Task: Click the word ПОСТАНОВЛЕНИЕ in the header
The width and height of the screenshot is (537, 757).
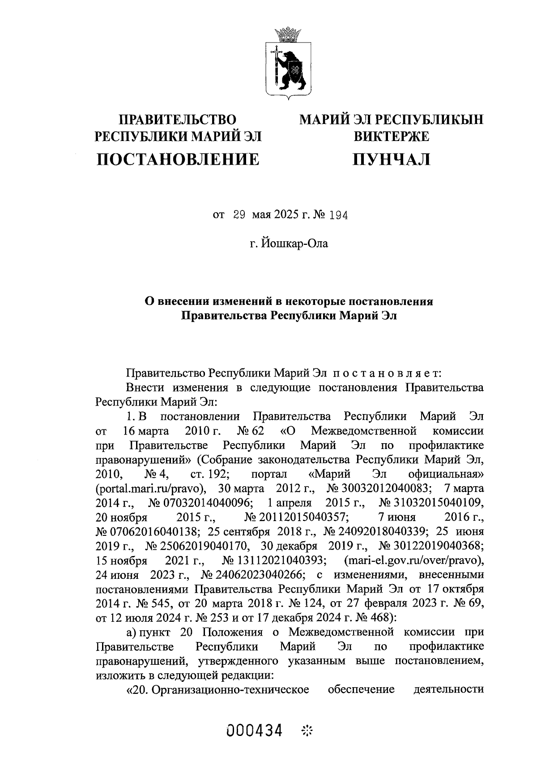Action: pos(178,159)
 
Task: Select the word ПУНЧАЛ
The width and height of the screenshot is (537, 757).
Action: pos(392,159)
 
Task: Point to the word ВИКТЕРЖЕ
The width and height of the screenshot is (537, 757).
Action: pos(392,136)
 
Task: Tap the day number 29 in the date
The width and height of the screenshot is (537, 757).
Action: pos(239,215)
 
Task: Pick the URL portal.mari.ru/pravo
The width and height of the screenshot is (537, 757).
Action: pos(150,488)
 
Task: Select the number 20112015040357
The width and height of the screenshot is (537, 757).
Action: pos(297,517)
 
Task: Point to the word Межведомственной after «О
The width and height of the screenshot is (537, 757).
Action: pos(364,431)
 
